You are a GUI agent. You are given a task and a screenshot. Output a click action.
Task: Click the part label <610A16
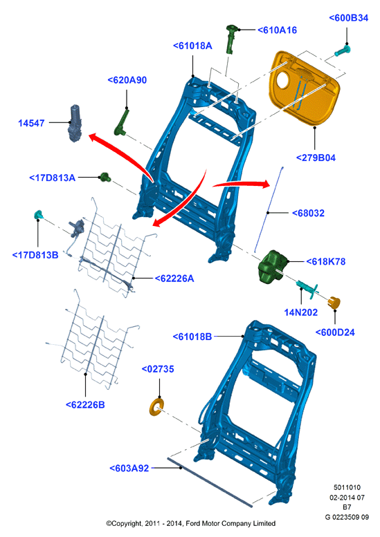pyautogui.click(x=277, y=30)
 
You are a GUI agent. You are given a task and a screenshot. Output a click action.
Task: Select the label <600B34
pyautogui.click(x=348, y=18)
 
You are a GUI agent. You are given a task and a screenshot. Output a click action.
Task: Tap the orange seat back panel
pyautogui.click(x=305, y=88)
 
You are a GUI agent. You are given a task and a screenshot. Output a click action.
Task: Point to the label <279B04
pyautogui.click(x=316, y=158)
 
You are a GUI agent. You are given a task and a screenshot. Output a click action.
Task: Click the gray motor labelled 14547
pyautogui.click(x=75, y=123)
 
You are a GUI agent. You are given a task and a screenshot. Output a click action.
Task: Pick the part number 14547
pyautogui.click(x=31, y=123)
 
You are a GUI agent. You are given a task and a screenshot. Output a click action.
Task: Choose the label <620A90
pyautogui.click(x=127, y=79)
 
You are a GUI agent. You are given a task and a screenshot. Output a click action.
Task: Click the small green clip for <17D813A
pyautogui.click(x=105, y=178)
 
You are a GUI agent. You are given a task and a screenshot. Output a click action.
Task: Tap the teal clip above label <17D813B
pyautogui.click(x=38, y=215)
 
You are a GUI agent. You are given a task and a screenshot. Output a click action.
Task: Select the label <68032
pyautogui.click(x=308, y=213)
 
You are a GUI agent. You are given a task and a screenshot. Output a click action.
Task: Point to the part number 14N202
pyautogui.click(x=301, y=312)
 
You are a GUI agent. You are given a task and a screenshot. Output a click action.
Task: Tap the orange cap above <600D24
pyautogui.click(x=334, y=303)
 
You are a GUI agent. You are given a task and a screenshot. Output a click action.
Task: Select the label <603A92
pyautogui.click(x=129, y=468)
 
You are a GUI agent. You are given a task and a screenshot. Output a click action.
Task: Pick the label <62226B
pyautogui.click(x=85, y=404)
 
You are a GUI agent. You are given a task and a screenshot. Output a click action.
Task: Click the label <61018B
pyautogui.click(x=192, y=337)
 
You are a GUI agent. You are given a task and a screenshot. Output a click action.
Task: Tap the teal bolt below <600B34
pyautogui.click(x=343, y=51)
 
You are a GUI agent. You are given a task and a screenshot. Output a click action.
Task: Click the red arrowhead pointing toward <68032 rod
pyautogui.click(x=266, y=184)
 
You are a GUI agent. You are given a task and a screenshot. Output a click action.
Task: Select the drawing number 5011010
pyautogui.click(x=347, y=487)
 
